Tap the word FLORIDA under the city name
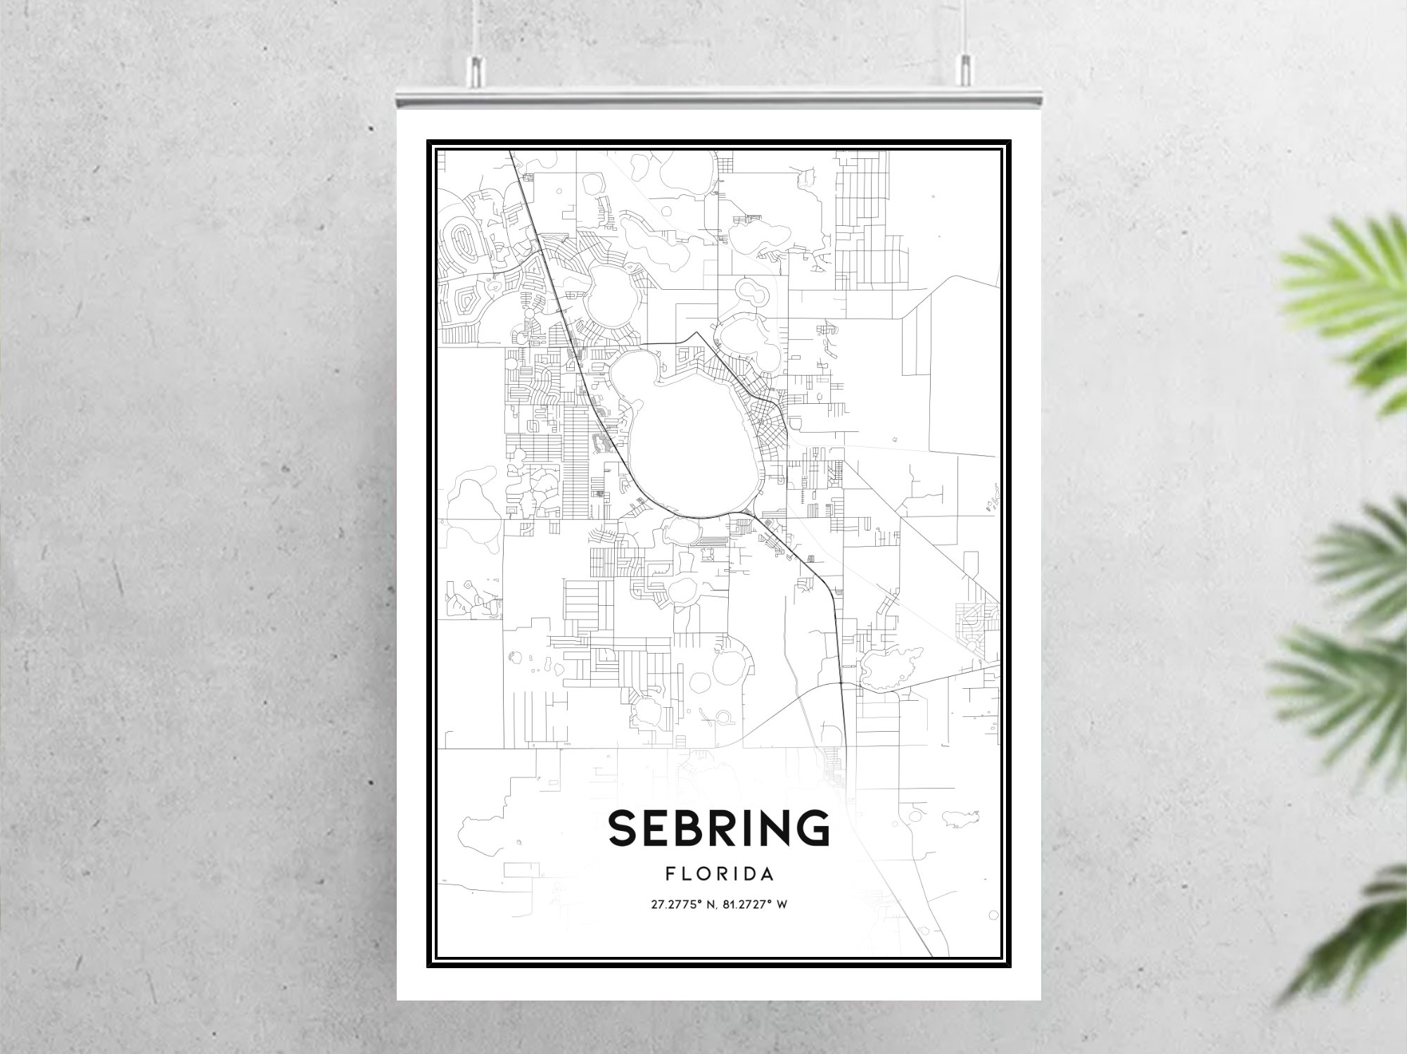coord(719,874)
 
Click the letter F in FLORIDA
coord(669,874)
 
